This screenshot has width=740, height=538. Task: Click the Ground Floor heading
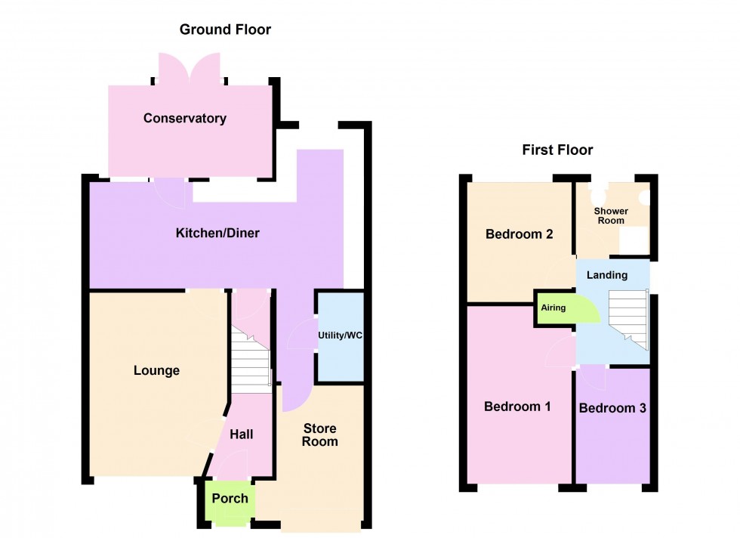(x=225, y=30)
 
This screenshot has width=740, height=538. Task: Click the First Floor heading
(x=557, y=150)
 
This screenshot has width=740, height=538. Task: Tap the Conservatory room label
(x=185, y=118)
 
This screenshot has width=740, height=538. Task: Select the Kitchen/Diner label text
(x=217, y=233)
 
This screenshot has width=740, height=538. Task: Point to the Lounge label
(x=156, y=370)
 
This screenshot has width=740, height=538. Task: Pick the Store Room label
(x=319, y=435)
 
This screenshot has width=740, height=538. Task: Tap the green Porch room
(x=230, y=499)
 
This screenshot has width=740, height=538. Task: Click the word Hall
(x=242, y=434)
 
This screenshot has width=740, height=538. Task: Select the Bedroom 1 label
(x=517, y=407)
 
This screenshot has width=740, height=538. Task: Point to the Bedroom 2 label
(x=520, y=234)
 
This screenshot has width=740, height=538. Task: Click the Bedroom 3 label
(x=612, y=408)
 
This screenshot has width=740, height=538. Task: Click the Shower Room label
(x=609, y=215)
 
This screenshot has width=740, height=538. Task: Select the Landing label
(x=607, y=275)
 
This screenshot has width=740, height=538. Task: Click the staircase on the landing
(x=628, y=318)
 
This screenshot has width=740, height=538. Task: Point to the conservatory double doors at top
(x=190, y=69)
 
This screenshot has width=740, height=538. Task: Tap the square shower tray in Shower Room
(x=633, y=240)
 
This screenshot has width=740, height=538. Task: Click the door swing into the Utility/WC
(x=304, y=332)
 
